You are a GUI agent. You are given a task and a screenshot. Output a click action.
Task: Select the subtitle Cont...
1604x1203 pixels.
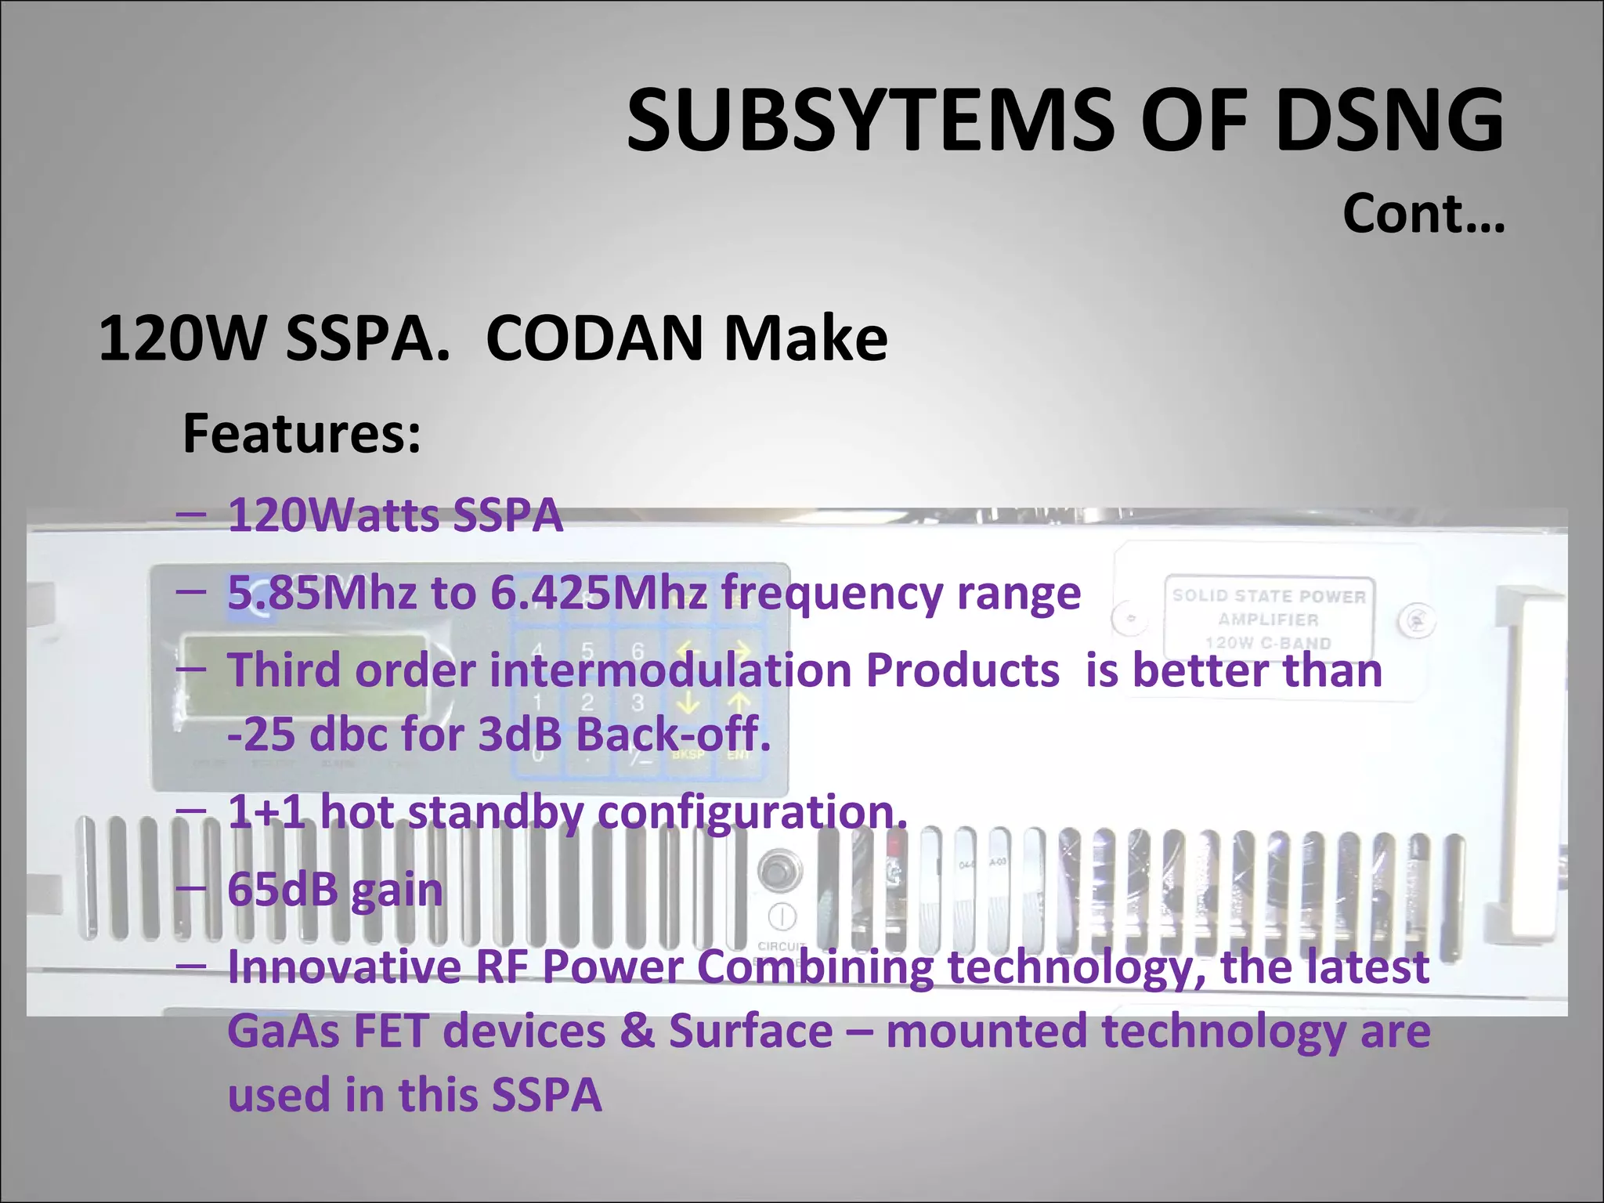[x=1423, y=213]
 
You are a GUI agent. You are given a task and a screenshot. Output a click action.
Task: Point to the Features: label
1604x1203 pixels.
[x=302, y=433]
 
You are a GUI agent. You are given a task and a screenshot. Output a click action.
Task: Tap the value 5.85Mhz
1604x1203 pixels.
[x=322, y=592]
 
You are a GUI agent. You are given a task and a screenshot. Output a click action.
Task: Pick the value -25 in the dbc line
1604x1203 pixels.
[x=263, y=735]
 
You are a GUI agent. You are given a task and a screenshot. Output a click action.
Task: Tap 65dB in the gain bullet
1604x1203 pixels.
[x=283, y=890]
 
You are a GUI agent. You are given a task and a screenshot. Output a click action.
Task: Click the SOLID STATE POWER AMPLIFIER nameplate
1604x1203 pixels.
[x=1269, y=618]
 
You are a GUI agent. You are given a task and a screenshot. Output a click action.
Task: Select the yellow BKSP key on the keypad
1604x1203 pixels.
[x=688, y=755]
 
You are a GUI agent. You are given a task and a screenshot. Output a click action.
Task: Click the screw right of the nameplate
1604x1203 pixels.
[x=1417, y=621]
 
